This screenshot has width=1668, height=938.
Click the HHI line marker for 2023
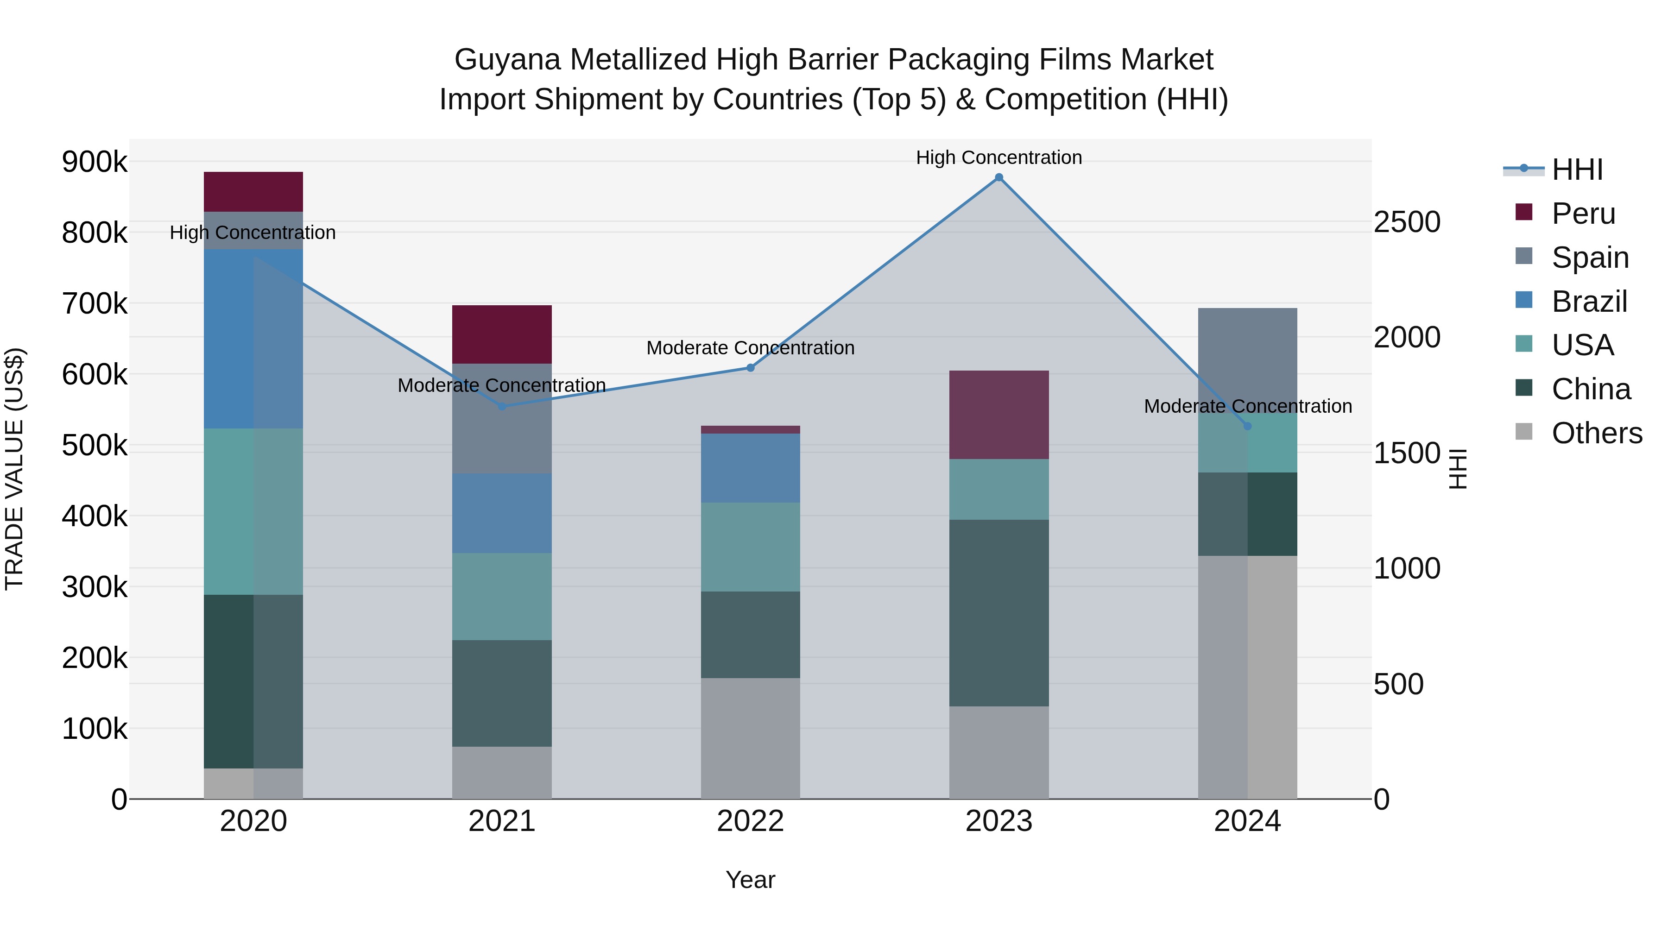pos(998,177)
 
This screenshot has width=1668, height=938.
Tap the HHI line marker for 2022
pos(751,368)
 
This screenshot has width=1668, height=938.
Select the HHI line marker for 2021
pos(502,407)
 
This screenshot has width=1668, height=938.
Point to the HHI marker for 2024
pos(1247,426)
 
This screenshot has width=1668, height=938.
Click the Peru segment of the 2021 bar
pos(502,334)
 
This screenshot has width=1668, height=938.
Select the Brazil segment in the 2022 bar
pos(751,468)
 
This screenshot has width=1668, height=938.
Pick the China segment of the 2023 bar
pos(998,612)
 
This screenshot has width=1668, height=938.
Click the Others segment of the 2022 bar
pos(751,738)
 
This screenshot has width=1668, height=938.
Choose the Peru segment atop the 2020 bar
pos(253,192)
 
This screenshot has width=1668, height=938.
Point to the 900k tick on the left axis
pos(95,162)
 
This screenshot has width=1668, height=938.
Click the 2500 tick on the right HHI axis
pos(1406,222)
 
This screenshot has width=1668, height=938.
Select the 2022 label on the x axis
pos(751,821)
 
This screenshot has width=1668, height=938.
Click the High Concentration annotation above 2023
pos(998,157)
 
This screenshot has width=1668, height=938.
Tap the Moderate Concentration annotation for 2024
pos(1247,406)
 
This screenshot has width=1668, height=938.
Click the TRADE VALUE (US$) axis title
pos(14,469)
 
